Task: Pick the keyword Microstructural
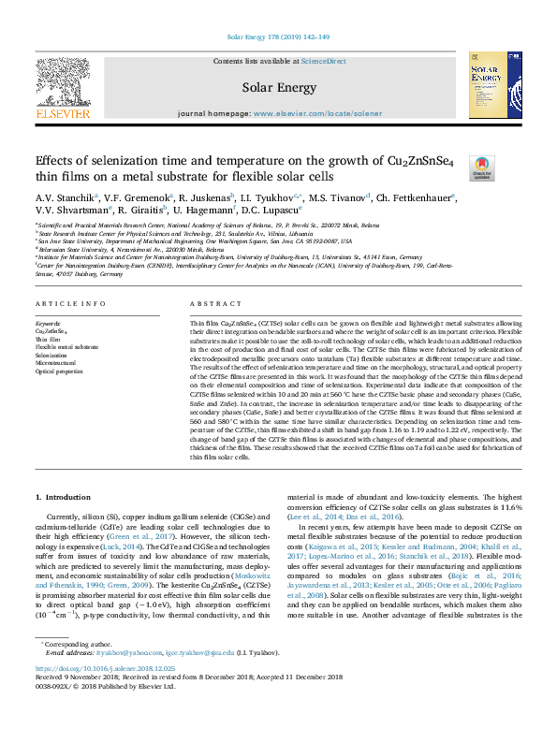pos(57,363)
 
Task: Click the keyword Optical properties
pos(60,371)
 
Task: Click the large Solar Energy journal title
pos(278,88)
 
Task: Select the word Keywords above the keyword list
pos(50,321)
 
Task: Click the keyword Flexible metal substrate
pos(66,346)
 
